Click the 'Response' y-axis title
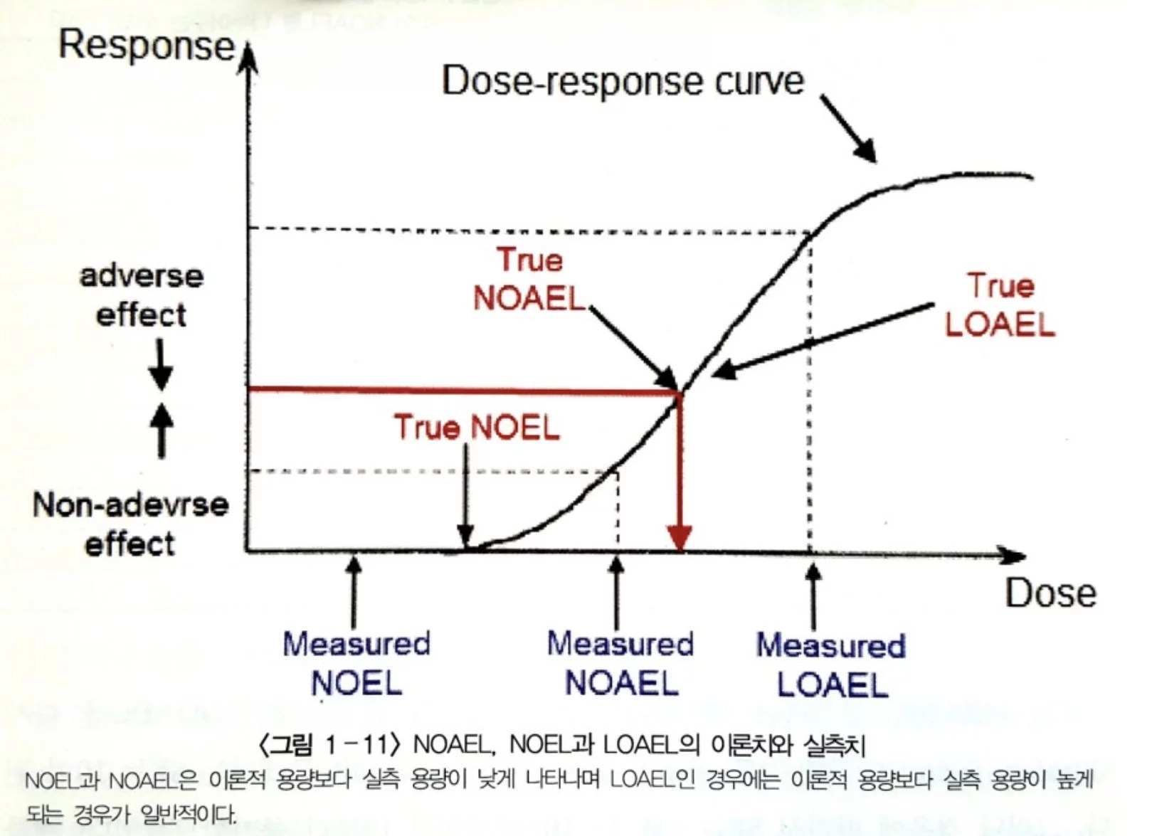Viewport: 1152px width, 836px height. tap(146, 46)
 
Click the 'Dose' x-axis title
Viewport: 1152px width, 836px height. tap(1050, 593)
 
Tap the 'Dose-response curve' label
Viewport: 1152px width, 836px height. tap(623, 81)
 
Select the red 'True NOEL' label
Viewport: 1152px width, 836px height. tap(477, 428)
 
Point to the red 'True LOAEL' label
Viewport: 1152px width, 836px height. tap(1000, 305)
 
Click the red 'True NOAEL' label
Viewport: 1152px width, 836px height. tap(529, 280)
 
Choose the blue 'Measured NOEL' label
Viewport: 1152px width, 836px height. tap(356, 663)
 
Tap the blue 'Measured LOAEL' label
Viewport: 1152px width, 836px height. tap(831, 665)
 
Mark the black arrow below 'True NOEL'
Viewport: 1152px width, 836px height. tap(465, 498)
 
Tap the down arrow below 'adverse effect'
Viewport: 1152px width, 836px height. tap(162, 364)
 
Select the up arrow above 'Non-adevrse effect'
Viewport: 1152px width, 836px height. tap(162, 430)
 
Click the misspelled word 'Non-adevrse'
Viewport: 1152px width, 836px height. tap(131, 505)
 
